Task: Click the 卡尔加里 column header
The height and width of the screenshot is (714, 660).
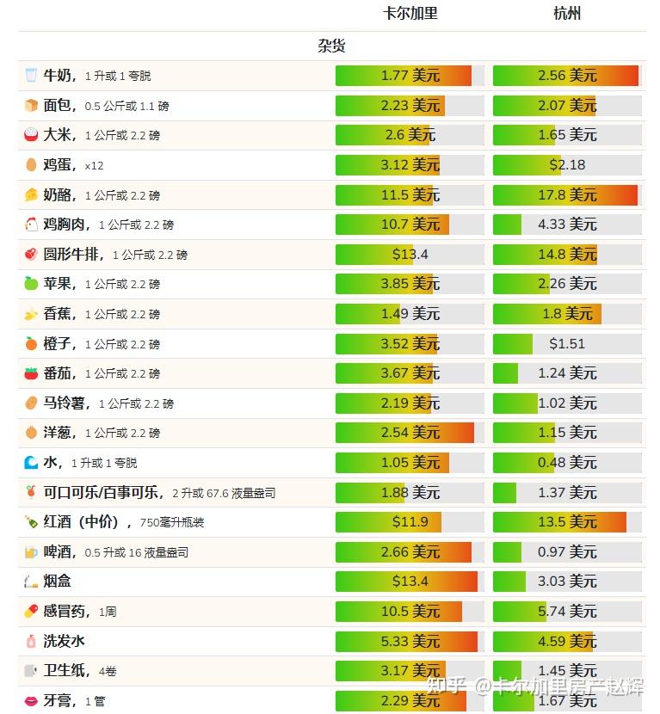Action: coord(410,14)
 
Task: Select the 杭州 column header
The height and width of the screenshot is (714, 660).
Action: coord(567,14)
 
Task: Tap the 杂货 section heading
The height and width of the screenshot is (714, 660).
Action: coord(331,46)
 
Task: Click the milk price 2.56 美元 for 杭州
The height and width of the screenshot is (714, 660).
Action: coord(567,76)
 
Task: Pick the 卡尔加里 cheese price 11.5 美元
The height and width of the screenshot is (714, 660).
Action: coord(410,195)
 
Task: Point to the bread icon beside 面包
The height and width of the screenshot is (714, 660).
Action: coord(31,106)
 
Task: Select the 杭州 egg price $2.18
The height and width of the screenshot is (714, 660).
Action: coord(567,165)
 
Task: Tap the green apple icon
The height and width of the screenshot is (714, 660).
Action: coord(31,284)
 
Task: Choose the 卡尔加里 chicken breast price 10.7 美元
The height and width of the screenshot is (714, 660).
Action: coord(410,225)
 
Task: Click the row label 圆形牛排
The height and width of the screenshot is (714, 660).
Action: coord(73,255)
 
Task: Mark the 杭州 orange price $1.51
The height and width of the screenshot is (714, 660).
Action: coord(567,344)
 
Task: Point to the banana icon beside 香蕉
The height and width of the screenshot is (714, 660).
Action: coord(31,314)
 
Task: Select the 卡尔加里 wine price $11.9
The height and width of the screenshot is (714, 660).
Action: coord(410,522)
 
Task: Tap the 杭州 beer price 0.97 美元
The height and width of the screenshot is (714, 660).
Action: coord(567,552)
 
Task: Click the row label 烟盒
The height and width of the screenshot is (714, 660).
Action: coord(58,582)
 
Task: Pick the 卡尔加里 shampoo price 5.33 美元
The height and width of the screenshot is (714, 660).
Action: coord(410,642)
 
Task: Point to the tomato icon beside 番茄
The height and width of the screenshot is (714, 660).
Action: coord(31,373)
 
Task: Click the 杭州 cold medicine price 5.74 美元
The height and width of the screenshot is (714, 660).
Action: coord(567,612)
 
